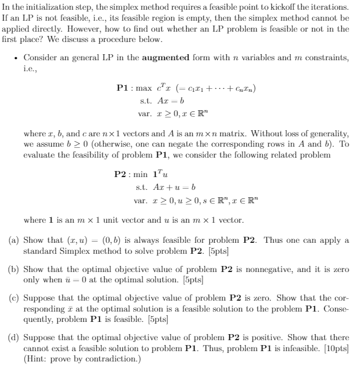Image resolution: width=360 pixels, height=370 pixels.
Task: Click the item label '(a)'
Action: (x=13, y=240)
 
